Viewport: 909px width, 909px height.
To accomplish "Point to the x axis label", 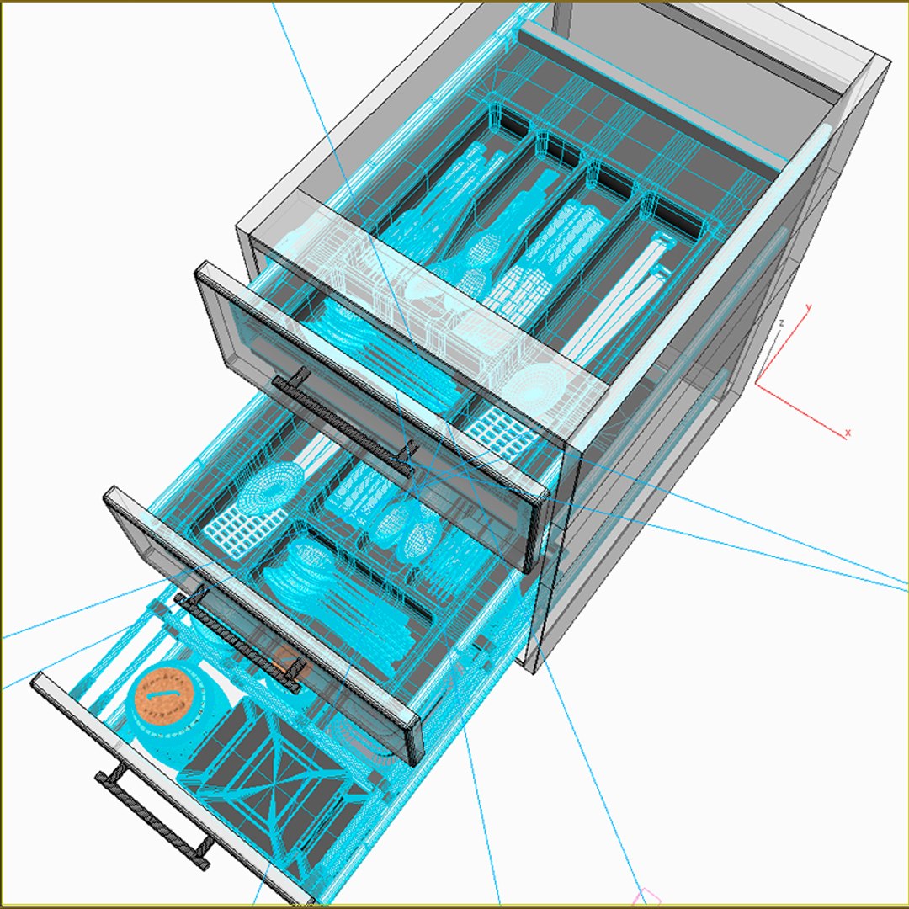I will tap(848, 433).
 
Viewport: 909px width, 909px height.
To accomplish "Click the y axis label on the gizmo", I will tap(808, 308).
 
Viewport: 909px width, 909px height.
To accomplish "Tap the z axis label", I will tap(782, 323).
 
